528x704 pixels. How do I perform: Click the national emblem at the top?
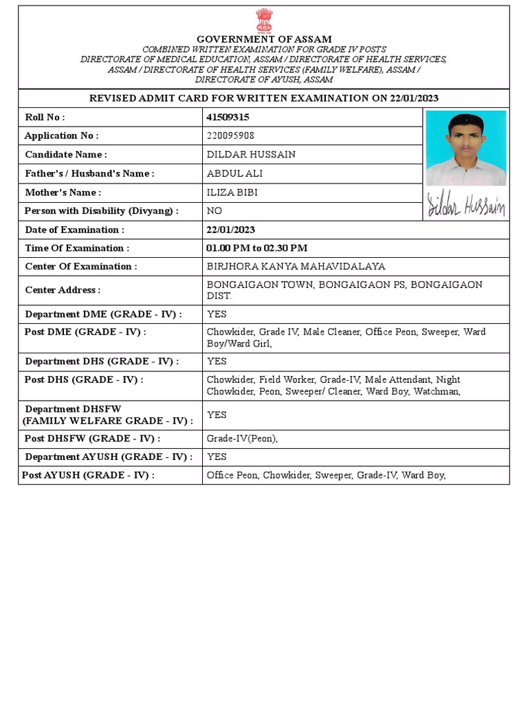coord(264,21)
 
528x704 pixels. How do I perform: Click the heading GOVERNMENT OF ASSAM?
coord(264,39)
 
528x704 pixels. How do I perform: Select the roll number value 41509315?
coord(228,118)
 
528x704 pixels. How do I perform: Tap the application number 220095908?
coord(230,136)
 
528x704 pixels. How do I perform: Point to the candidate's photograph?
coord(466,148)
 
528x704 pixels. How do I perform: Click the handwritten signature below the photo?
coord(466,205)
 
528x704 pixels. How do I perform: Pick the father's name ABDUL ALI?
coord(234,173)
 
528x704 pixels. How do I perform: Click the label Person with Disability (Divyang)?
coord(102,211)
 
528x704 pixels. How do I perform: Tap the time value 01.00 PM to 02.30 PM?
coord(257,248)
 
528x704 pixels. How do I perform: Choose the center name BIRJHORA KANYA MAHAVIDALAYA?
coord(296,266)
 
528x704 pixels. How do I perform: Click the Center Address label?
coord(63,290)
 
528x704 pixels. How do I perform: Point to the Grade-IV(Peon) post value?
coord(242,439)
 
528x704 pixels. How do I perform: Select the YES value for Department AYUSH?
coord(217,456)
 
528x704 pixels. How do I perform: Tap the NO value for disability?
coord(214,211)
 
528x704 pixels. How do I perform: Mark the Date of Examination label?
coord(75,230)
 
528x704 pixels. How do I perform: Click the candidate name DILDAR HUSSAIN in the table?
coord(251,155)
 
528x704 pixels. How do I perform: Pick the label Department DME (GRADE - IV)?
coord(104,314)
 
